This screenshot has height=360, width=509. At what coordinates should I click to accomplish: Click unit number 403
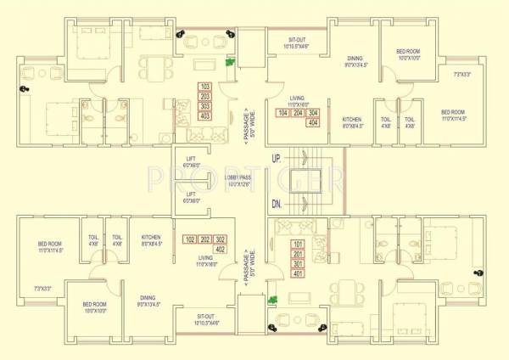(204, 115)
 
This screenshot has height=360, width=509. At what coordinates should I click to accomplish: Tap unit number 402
(221, 250)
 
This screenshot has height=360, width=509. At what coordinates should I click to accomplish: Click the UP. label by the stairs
(276, 159)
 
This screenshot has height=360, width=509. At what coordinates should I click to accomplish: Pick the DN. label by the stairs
(276, 204)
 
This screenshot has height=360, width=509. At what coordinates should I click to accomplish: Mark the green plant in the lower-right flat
(273, 300)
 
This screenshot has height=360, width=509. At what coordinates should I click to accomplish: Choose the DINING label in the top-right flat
(354, 59)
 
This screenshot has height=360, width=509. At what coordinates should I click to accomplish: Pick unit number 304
(314, 113)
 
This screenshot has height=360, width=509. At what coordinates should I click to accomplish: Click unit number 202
(204, 239)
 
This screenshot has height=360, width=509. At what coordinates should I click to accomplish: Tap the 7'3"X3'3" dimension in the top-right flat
(462, 75)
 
